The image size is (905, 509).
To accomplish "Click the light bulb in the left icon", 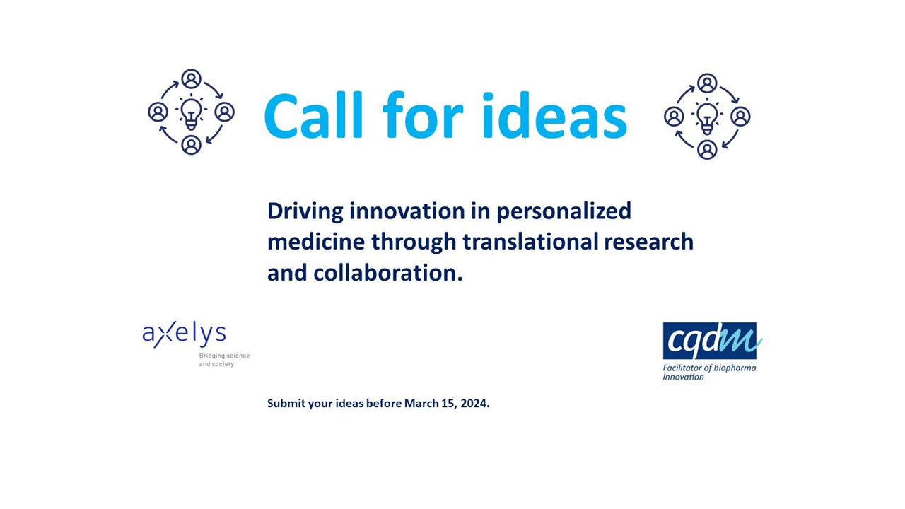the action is point(191,113).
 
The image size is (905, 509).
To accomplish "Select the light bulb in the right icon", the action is point(707,117).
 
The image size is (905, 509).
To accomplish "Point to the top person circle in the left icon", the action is point(191,78).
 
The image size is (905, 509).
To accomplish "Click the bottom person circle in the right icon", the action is point(707,149).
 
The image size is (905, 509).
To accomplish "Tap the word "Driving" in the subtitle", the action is point(305,211).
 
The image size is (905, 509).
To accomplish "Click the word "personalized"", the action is point(564,211).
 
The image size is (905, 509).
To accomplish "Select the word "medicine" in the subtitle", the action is point(316,242).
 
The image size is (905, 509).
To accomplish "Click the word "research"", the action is point(649,242).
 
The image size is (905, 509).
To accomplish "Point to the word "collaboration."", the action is point(388,273).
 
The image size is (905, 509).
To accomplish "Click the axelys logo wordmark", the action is point(185,334).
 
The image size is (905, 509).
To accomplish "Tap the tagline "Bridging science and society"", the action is point(224,360).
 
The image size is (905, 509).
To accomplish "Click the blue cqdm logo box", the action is point(709,341).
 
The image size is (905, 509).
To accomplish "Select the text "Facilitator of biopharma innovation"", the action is point(709,373).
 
